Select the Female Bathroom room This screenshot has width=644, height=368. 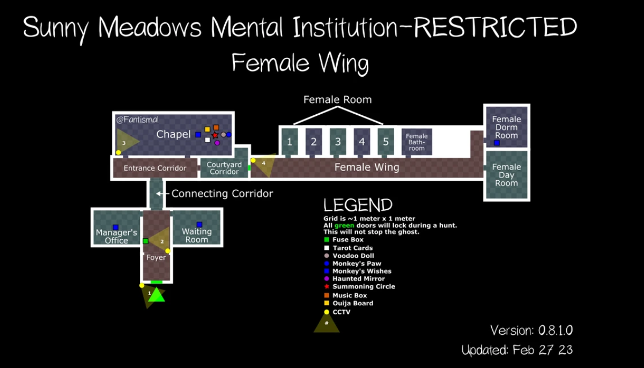click(417, 142)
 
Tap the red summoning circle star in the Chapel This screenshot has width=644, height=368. click(215, 135)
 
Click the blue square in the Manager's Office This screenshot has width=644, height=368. click(115, 227)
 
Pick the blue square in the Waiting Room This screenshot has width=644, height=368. click(199, 225)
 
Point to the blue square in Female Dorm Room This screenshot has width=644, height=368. click(497, 143)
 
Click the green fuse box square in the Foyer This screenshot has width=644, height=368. click(145, 241)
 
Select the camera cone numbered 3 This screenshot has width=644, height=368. click(125, 142)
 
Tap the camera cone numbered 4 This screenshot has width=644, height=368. click(264, 164)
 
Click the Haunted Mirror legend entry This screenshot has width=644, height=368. click(358, 278)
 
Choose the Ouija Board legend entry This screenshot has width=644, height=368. click(352, 303)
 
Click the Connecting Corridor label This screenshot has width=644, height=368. click(222, 194)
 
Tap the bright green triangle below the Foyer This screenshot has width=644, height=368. click(156, 295)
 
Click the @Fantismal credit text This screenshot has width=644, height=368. click(138, 120)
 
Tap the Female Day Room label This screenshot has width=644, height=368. click(506, 175)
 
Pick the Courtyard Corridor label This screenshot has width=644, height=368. click(224, 168)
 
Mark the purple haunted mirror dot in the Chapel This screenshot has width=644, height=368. click(217, 143)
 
